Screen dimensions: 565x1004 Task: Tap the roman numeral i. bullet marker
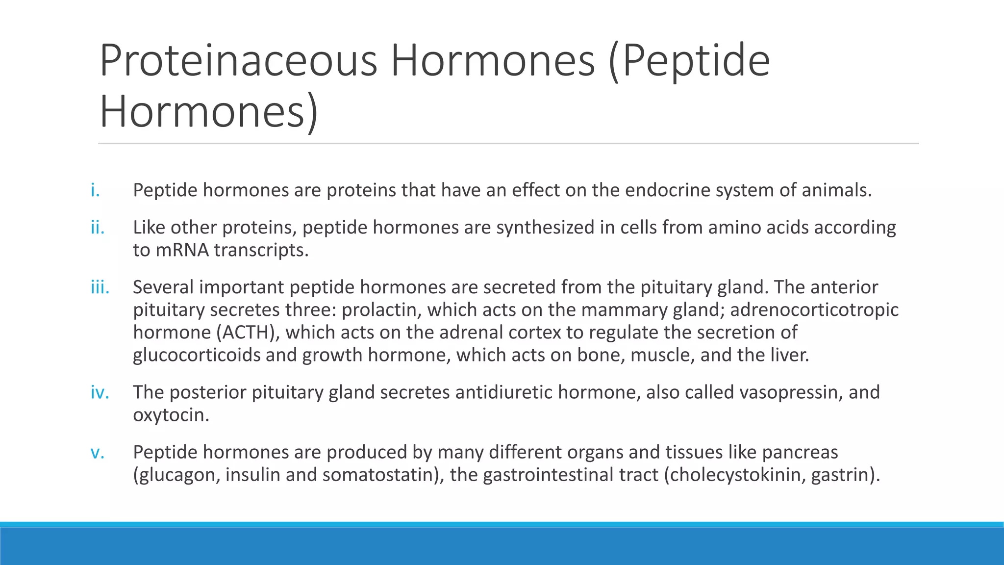coord(95,190)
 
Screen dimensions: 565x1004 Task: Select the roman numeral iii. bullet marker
coord(100,287)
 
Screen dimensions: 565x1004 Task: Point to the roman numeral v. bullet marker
coord(98,452)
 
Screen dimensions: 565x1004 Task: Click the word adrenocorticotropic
coord(814,310)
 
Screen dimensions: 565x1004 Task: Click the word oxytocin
coord(171,415)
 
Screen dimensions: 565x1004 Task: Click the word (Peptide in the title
coord(689,61)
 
